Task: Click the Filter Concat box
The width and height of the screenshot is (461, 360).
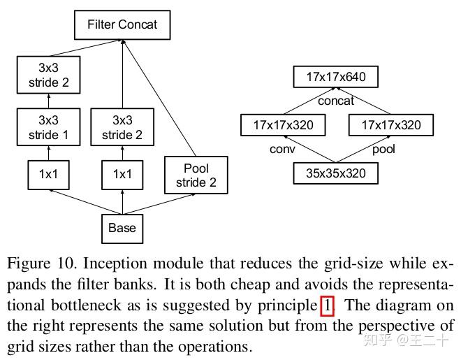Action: coord(122,24)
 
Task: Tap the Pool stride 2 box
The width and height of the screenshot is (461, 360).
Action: coord(196,175)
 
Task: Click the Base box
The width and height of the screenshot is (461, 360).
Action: coord(122,227)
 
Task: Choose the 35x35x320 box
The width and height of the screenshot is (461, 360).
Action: coord(336,172)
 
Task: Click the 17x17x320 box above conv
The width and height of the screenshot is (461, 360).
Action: coord(283,125)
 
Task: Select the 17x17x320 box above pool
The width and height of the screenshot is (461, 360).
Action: coord(391,125)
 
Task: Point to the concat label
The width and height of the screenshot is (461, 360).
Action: coord(336,101)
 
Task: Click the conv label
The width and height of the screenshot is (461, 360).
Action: coord(283,149)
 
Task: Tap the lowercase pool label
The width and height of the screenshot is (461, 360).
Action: coord(383,149)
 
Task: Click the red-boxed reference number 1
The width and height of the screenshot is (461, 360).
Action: coord(328,305)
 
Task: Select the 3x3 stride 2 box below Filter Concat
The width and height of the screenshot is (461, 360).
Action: coord(49,75)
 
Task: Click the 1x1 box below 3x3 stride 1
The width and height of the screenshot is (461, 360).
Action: coord(49,175)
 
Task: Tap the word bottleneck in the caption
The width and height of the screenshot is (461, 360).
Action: coord(48,305)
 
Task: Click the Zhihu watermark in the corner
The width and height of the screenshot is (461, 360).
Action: coord(412,341)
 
